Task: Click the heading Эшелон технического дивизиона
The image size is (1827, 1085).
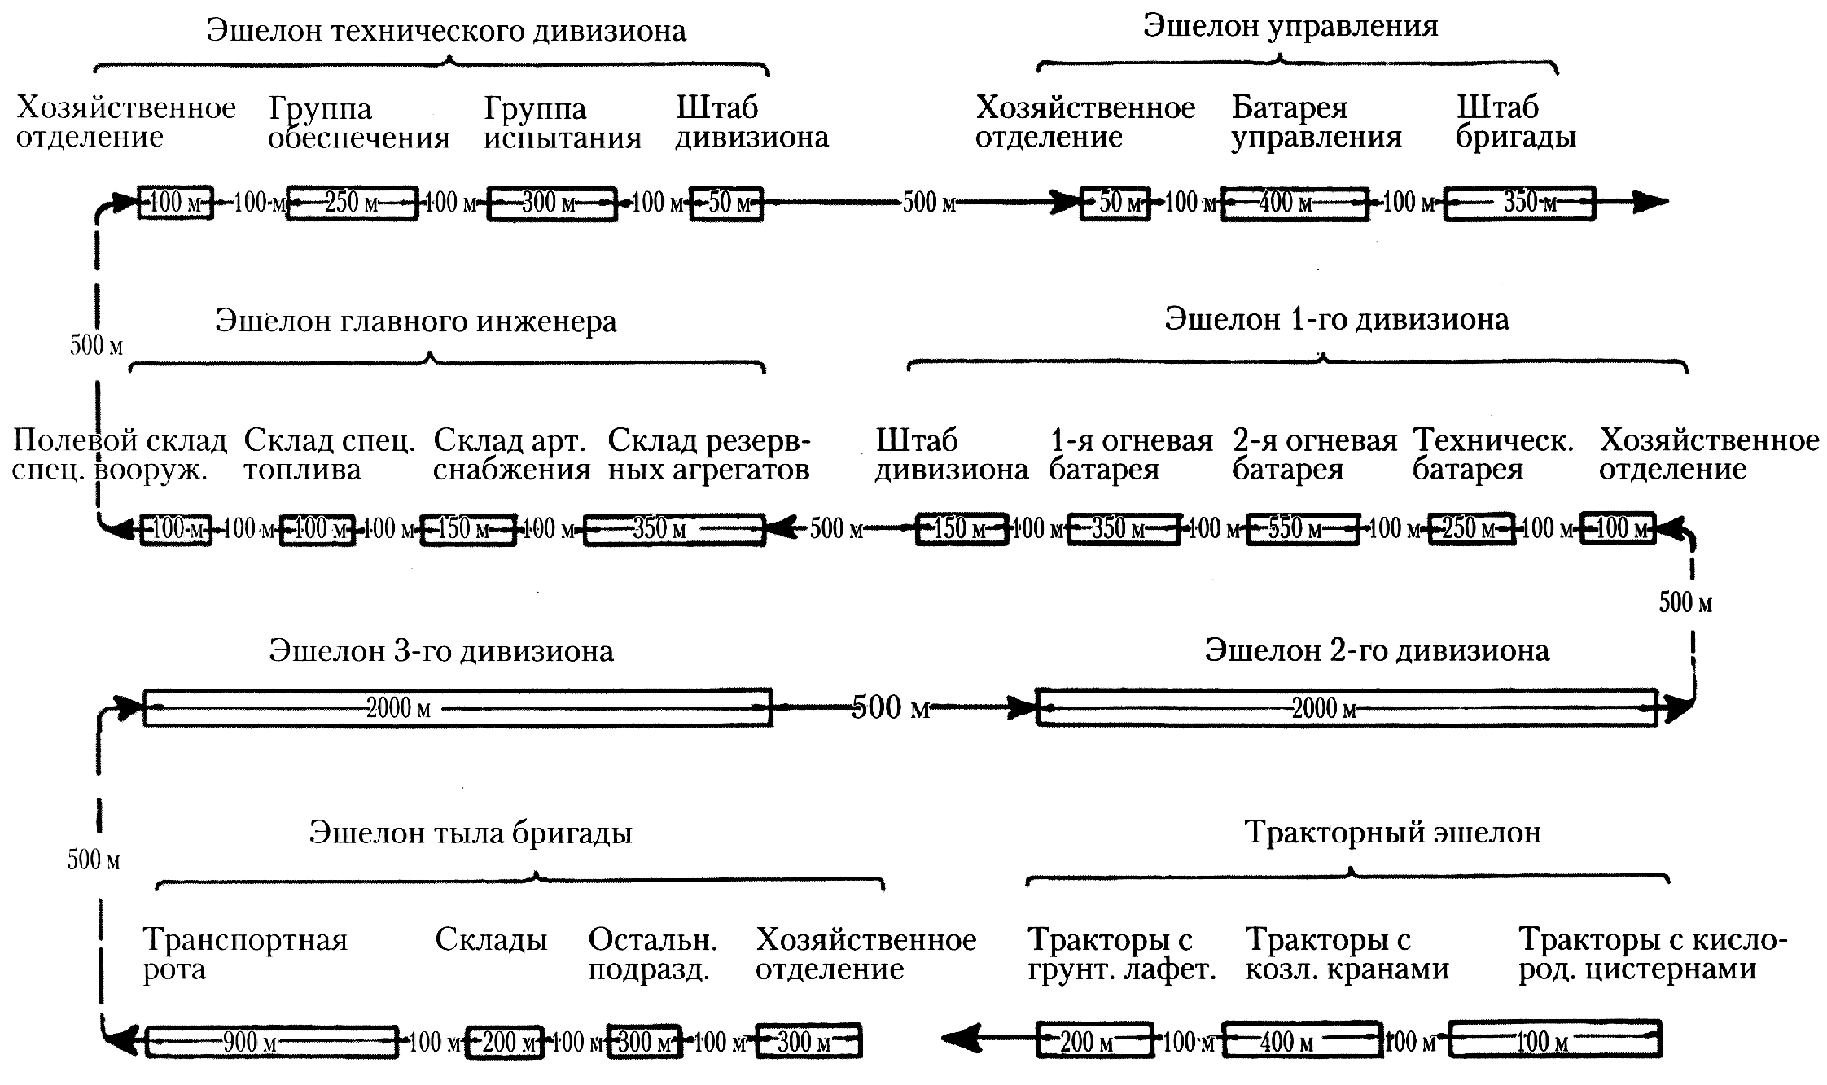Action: pyautogui.click(x=446, y=31)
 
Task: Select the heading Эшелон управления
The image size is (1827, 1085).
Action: pyautogui.click(x=1290, y=26)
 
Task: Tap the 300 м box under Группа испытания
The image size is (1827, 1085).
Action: pyautogui.click(x=552, y=203)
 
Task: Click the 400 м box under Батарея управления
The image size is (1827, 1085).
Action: pyautogui.click(x=1295, y=202)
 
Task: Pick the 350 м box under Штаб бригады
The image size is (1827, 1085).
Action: pyautogui.click(x=1519, y=202)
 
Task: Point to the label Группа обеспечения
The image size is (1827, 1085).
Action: pyautogui.click(x=359, y=123)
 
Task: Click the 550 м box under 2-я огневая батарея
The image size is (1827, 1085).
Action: pyautogui.click(x=1303, y=529)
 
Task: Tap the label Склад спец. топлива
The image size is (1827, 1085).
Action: pyautogui.click(x=330, y=455)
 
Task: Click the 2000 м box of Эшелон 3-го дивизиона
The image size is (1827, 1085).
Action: pyautogui.click(x=458, y=707)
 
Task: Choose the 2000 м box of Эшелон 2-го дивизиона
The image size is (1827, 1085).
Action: pyautogui.click(x=1347, y=707)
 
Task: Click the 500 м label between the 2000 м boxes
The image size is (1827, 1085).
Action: pyautogui.click(x=891, y=707)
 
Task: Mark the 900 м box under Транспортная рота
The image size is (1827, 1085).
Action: pyautogui.click(x=272, y=1042)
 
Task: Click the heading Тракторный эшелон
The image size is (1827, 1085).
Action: pyautogui.click(x=1393, y=833)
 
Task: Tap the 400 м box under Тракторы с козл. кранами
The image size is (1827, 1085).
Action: pyautogui.click(x=1303, y=1040)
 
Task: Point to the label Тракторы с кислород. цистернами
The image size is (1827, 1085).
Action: pyautogui.click(x=1653, y=955)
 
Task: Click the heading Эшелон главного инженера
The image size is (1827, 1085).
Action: pyautogui.click(x=416, y=322)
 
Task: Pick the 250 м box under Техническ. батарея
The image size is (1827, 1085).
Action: pyautogui.click(x=1472, y=529)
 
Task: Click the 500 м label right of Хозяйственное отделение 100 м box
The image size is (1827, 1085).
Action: pyautogui.click(x=1685, y=603)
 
